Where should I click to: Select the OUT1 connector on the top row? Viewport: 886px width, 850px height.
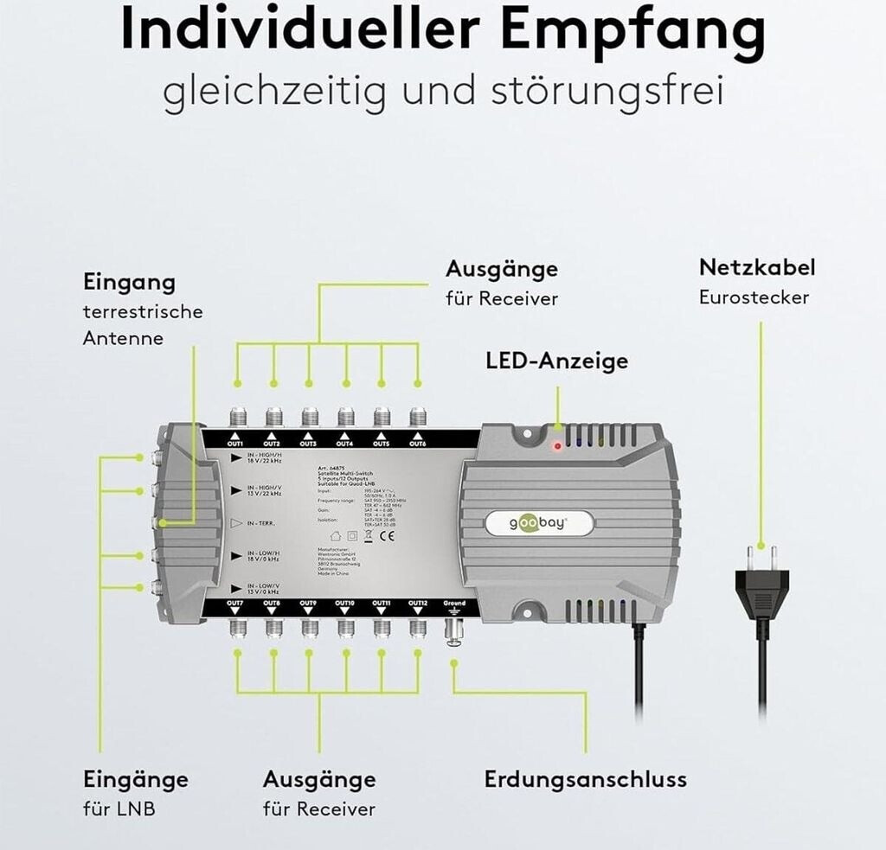[238, 417]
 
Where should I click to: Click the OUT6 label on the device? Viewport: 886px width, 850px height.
[418, 444]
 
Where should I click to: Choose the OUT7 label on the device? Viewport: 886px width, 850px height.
[235, 603]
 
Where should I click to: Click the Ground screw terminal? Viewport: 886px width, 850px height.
[453, 631]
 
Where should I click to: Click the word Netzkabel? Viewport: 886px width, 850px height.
[757, 267]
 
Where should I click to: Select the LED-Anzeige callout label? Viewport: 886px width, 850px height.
[556, 361]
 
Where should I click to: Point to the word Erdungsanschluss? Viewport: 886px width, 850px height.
[585, 779]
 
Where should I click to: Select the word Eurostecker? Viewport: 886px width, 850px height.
[754, 297]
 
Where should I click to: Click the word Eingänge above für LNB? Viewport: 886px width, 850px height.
[135, 779]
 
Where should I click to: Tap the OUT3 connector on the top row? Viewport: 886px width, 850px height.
[310, 417]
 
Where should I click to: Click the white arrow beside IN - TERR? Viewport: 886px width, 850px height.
[236, 523]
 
